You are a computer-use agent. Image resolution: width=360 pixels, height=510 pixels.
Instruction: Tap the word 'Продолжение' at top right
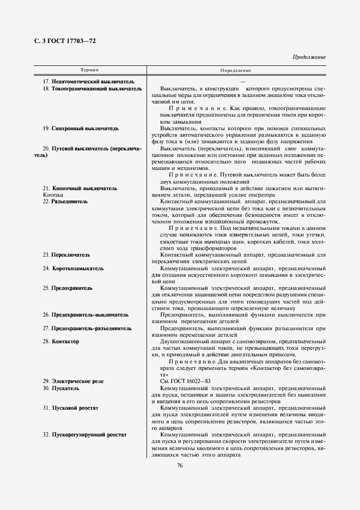click(309, 57)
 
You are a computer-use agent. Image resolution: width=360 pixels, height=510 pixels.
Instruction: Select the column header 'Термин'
click(90, 71)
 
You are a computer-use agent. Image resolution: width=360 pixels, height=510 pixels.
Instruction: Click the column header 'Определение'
click(235, 71)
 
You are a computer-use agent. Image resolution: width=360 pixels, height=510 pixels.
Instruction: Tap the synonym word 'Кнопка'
click(53, 195)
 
